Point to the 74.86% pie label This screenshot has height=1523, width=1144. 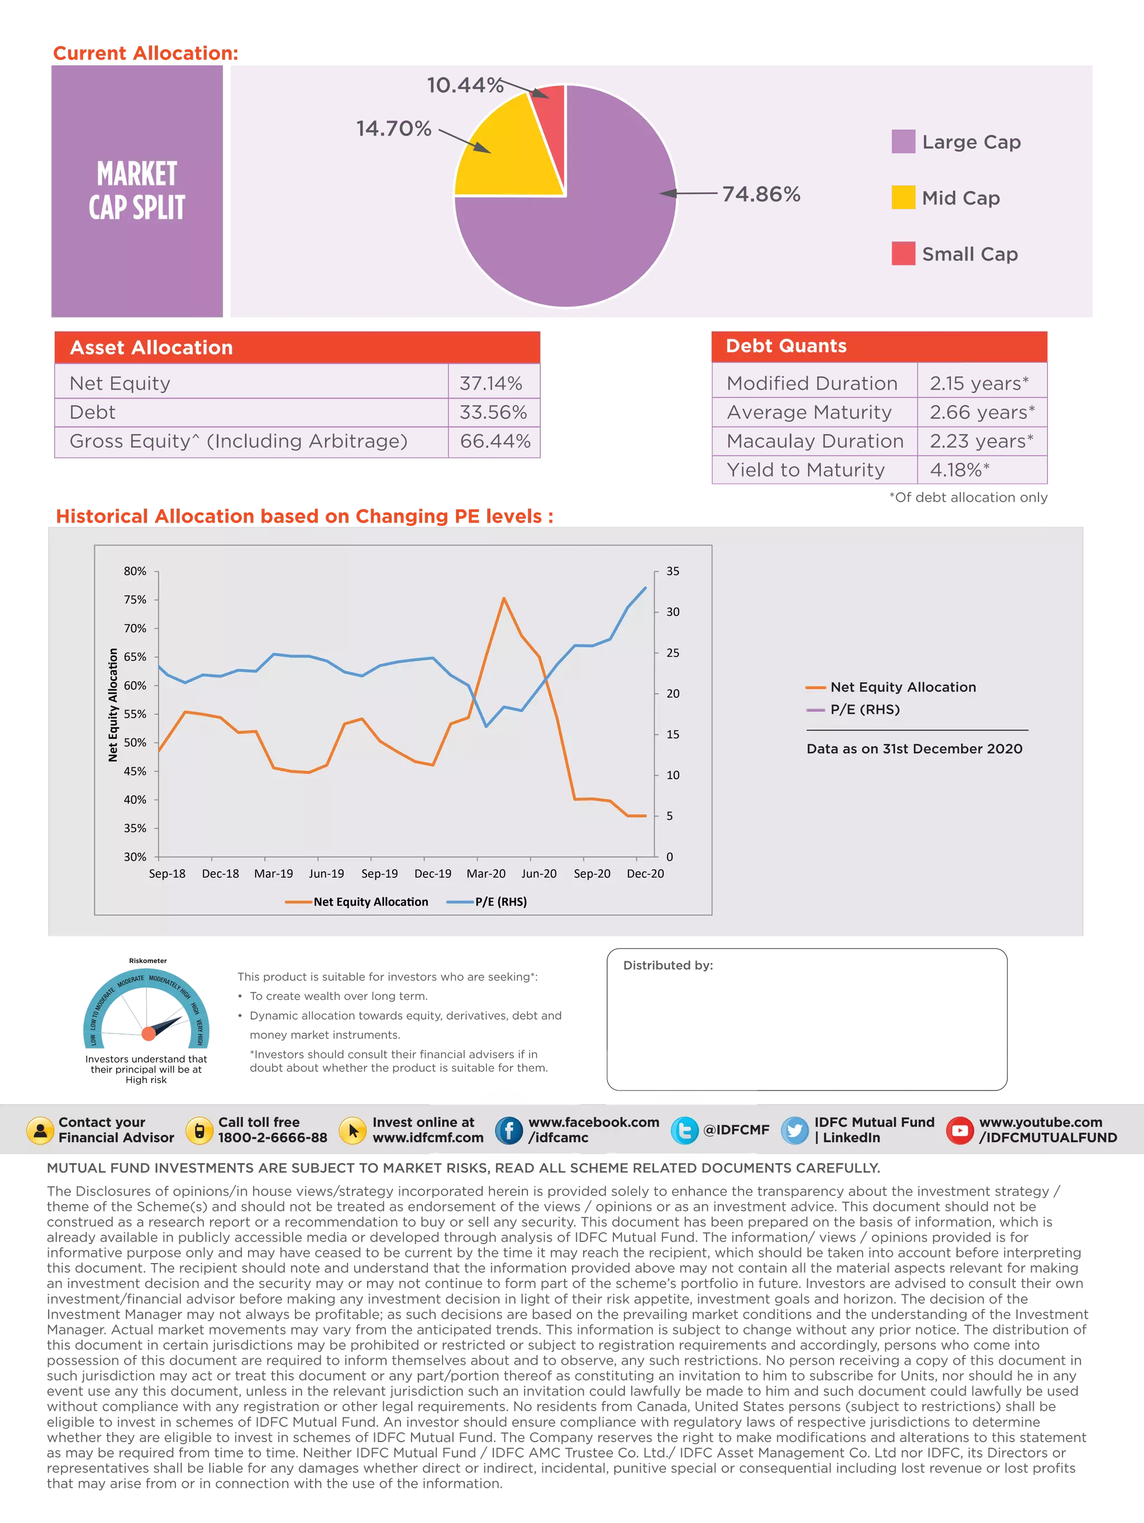761,195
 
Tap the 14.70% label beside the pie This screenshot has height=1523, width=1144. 393,129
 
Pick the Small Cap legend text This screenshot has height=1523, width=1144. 969,254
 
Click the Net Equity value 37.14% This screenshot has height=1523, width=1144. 491,383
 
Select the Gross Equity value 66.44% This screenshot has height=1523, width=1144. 495,442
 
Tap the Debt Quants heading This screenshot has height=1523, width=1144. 786,347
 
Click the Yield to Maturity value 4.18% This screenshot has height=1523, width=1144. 960,470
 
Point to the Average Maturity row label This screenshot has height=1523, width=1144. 809,412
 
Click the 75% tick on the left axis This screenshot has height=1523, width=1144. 135,600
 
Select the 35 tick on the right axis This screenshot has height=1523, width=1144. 673,571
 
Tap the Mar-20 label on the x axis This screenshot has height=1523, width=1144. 486,874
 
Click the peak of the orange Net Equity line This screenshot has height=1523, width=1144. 504,599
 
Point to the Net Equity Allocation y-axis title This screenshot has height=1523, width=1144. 113,704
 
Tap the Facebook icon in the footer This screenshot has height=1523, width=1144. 509,1131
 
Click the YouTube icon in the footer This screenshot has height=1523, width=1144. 960,1131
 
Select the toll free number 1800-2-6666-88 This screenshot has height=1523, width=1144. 273,1138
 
